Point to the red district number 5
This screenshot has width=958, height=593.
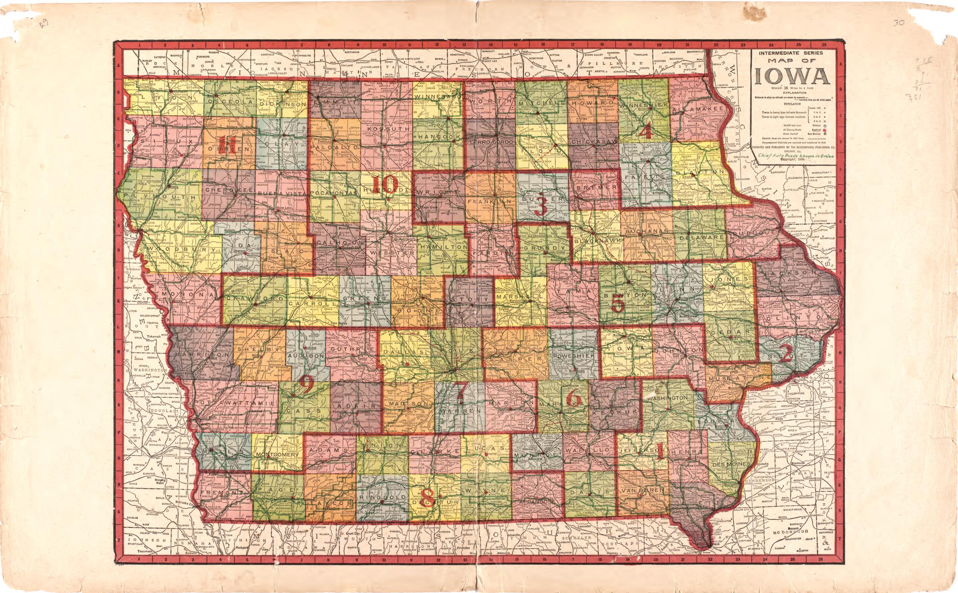point(617,303)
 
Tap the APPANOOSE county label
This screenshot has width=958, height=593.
point(538,502)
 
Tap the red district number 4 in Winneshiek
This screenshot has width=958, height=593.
point(645,132)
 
